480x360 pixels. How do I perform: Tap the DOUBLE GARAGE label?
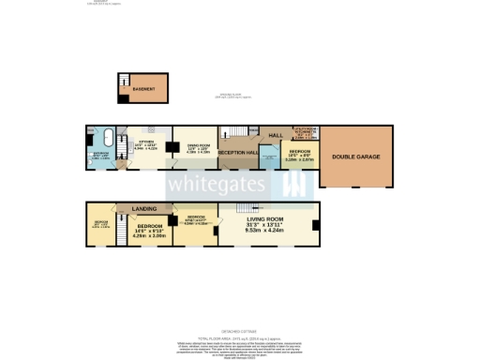click(355, 157)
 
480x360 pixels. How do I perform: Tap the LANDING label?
click(143, 208)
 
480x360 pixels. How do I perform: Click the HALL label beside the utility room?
click(276, 136)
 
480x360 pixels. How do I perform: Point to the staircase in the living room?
click(243, 207)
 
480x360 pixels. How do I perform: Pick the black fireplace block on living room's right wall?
click(316, 225)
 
